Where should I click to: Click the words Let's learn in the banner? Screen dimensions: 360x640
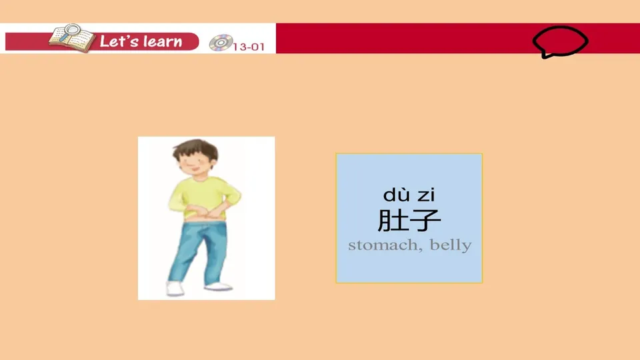(141, 41)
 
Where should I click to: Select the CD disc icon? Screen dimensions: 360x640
(219, 43)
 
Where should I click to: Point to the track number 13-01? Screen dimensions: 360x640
(245, 47)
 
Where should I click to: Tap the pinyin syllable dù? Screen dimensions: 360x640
(397, 195)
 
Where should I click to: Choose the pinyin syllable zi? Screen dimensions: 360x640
(426, 195)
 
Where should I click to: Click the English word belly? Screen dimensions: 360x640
(451, 245)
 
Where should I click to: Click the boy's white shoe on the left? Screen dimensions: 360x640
(175, 289)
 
